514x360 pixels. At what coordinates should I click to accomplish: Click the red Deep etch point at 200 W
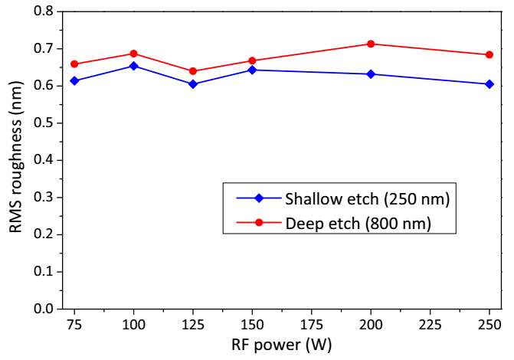pos(371,44)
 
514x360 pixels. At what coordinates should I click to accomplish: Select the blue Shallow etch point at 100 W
pos(134,66)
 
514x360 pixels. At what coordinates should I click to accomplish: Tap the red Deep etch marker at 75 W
pos(74,64)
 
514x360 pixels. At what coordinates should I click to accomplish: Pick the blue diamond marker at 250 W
pos(489,84)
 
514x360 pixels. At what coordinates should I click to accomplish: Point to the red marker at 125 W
pos(193,71)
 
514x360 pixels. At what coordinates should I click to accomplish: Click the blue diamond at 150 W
pos(252,70)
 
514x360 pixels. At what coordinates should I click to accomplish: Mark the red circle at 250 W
pos(489,54)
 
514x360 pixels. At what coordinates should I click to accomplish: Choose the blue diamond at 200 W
pos(371,74)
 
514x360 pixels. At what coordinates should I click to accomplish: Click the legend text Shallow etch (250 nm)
pos(366,198)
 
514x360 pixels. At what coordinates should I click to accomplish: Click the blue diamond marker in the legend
pos(259,198)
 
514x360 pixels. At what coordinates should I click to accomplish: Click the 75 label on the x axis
pos(74,324)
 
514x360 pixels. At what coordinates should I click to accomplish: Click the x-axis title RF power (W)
pos(281,345)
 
